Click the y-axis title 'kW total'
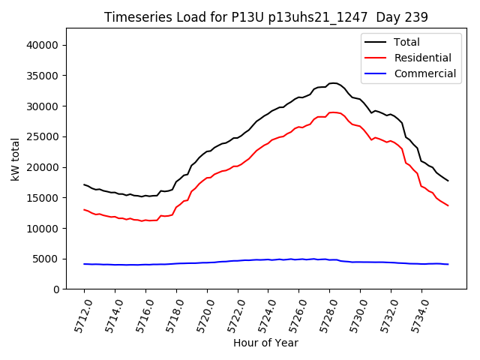[15, 159]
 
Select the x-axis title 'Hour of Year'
[265, 343]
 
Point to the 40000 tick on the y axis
[43, 45]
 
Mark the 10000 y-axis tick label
[43, 228]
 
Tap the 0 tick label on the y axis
[57, 289]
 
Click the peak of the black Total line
[333, 83]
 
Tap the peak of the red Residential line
[333, 112]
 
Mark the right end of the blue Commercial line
[448, 264]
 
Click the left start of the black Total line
[84, 184]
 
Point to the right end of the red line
[448, 205]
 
